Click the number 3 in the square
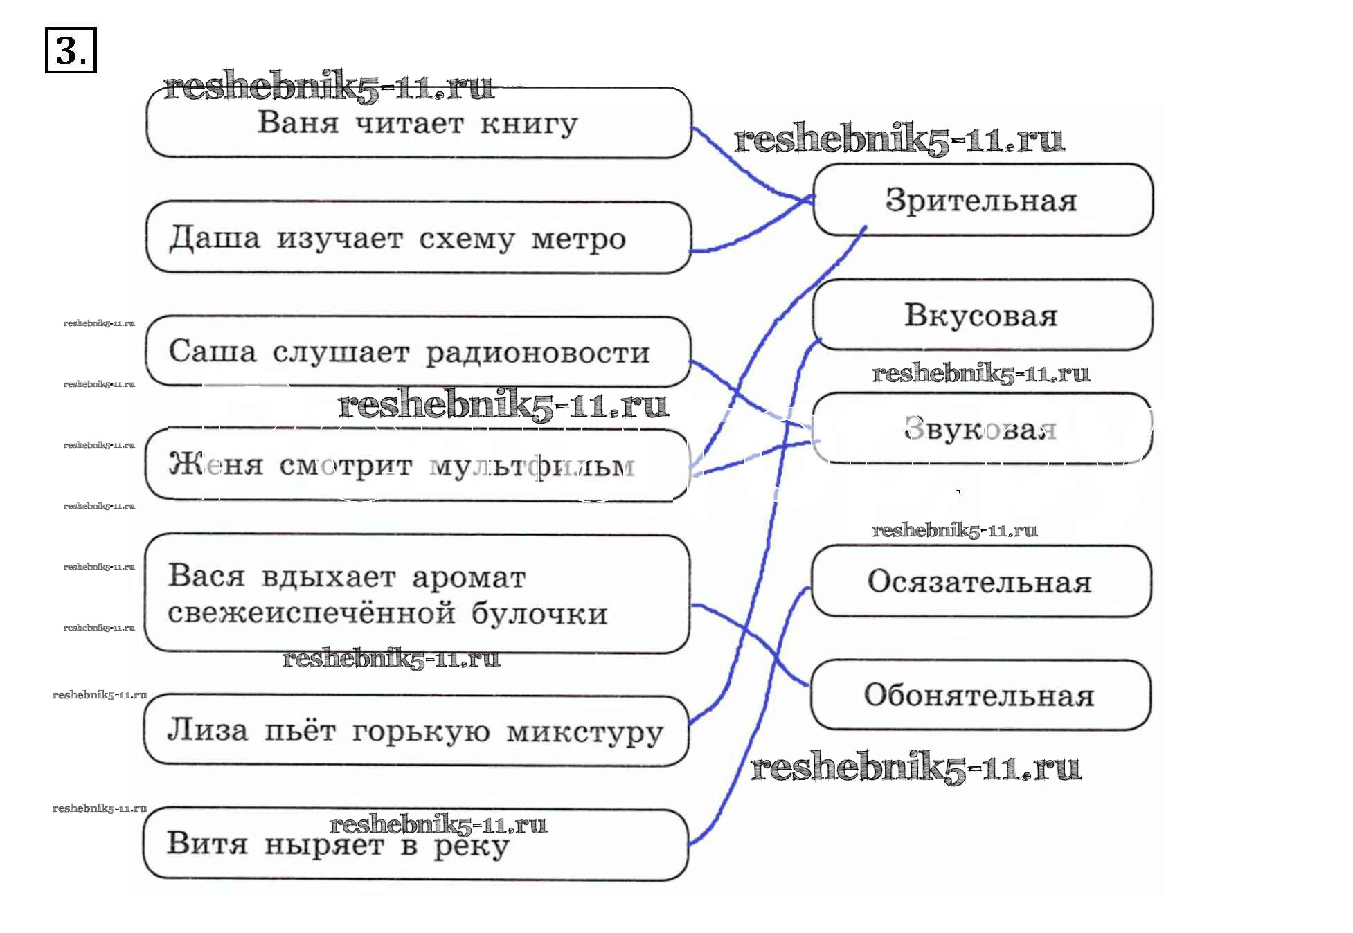(x=70, y=50)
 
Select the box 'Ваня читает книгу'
(x=418, y=123)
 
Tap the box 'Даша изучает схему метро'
(x=418, y=237)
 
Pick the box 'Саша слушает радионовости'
(x=418, y=352)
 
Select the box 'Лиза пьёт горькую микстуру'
(x=415, y=731)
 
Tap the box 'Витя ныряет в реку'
(x=415, y=844)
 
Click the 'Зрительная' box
(x=982, y=200)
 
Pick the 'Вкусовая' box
(x=982, y=315)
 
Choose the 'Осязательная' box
(x=980, y=581)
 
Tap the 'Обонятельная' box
(x=979, y=695)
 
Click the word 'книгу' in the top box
(x=529, y=125)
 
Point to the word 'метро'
(x=578, y=239)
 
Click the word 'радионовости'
(x=537, y=353)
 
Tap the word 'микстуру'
(x=585, y=732)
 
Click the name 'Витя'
(x=206, y=844)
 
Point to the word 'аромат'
(x=469, y=577)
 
